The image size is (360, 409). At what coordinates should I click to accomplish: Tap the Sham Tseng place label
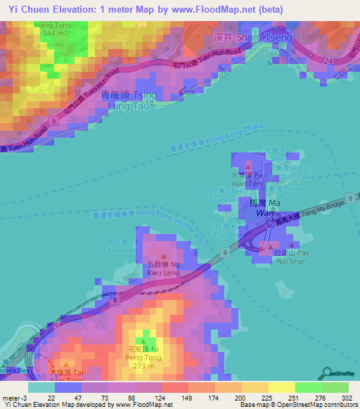(x=241, y=36)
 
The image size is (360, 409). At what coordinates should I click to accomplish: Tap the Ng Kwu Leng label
(x=164, y=269)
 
